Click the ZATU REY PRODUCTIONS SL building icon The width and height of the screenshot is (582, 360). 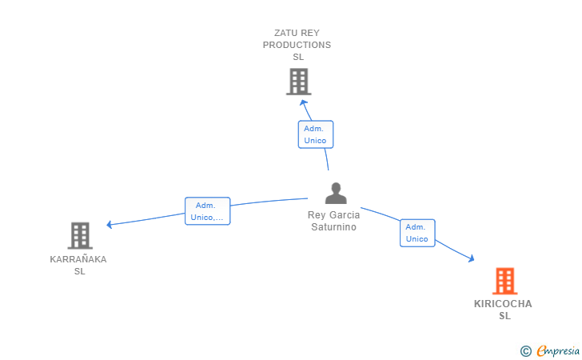pos(298,82)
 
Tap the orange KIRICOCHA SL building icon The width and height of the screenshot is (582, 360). pos(504,281)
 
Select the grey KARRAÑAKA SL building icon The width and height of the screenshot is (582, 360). pos(80,235)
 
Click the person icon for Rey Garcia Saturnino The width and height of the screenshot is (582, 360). pos(336,194)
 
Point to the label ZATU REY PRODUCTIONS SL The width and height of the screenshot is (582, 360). pos(297,45)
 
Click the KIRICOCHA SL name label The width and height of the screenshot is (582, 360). pos(503,310)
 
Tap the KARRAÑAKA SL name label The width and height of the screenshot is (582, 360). pos(78,265)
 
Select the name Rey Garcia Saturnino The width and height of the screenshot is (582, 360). pos(334,221)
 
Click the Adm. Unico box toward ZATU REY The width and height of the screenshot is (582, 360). pos(315,134)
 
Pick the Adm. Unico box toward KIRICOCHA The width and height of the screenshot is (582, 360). pos(417,233)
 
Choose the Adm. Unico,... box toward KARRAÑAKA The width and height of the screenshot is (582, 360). pos(207,211)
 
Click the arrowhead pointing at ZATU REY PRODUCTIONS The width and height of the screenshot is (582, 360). pos(302,102)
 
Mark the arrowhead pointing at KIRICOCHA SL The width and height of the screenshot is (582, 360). pos(472,258)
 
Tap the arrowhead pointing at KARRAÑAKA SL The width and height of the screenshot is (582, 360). pos(110,225)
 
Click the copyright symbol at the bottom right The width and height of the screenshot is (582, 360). pos(525,350)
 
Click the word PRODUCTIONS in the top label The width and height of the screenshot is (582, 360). pos(297,45)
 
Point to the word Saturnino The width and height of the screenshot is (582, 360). pos(334,227)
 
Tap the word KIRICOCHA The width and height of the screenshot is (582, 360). pos(503,304)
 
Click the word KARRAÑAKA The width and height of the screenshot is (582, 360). pos(78,259)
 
